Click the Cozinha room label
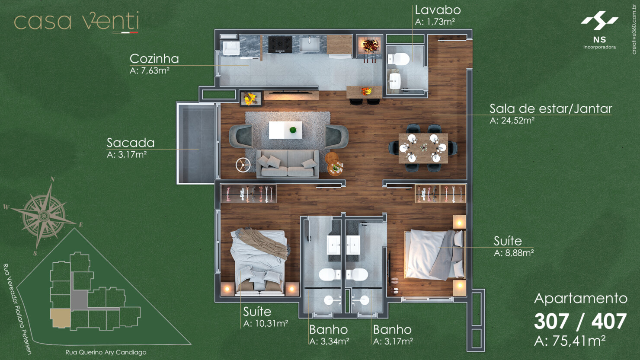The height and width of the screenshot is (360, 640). pos(154,59)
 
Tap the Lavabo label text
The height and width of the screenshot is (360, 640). pos(437,10)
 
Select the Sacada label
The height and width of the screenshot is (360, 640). pos(131,143)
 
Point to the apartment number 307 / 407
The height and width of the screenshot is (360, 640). pos(580,321)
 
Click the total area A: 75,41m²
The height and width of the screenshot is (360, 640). pos(570,341)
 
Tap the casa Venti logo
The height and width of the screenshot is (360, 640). pos(77,22)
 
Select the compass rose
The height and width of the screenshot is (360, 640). pos(44,215)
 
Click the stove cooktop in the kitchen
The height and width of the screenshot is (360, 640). pos(280,44)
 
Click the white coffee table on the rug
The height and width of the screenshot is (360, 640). pos(285,130)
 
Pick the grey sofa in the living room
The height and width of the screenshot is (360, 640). pos(288,164)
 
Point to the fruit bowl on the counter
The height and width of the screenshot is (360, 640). pos(367,91)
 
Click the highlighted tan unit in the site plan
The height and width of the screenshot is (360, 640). pos(61,318)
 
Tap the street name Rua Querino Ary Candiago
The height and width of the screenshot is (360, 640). pos(106,352)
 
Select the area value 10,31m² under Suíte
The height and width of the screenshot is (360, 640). pos(266,323)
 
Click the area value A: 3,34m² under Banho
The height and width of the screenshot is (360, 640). pos(329,341)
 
